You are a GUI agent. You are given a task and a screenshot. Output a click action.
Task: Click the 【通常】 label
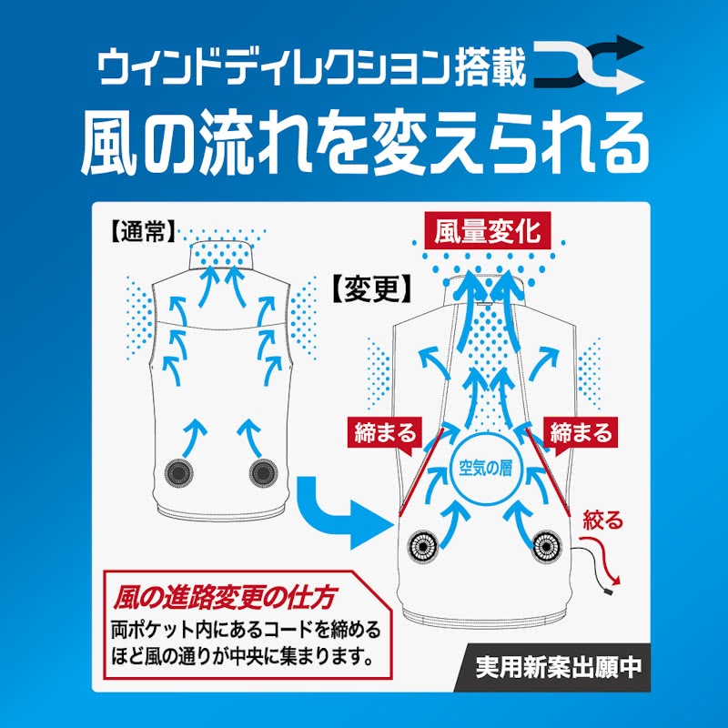point(143,231)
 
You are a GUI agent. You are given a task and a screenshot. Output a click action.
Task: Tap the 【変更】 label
point(372,288)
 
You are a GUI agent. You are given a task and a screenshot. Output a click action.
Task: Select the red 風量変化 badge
point(488,232)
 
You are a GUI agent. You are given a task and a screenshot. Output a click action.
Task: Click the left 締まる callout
point(384,434)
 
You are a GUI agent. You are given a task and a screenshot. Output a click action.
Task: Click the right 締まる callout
point(581,434)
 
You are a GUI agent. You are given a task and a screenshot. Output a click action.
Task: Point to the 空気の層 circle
point(485,469)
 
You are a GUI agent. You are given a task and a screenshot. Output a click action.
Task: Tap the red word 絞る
point(602,521)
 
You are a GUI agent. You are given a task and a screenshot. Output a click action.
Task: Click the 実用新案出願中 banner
point(558,667)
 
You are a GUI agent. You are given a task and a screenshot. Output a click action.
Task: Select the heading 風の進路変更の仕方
point(224,598)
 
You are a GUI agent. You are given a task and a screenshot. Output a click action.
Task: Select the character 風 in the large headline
point(110,144)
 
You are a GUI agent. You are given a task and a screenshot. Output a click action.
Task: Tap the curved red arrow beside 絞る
point(604,556)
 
